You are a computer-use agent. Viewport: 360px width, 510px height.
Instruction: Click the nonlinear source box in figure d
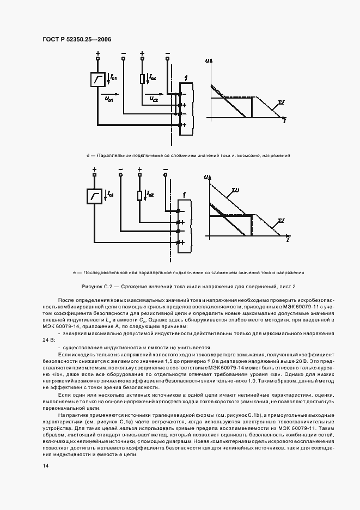98,80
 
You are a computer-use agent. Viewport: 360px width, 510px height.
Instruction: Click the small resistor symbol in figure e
140,196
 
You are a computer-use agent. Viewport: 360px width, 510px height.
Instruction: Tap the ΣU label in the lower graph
235,190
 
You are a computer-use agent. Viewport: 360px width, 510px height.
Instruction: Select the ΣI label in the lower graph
282,221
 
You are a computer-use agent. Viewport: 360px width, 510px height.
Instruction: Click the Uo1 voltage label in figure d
109,99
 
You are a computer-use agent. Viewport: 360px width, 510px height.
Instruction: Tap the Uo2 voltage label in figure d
153,99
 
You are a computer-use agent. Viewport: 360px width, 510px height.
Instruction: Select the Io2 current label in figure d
152,78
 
